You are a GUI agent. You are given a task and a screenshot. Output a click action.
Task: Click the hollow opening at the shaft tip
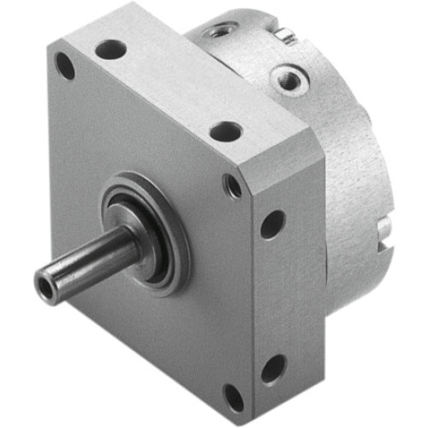44,280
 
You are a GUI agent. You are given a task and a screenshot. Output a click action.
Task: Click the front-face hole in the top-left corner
65,65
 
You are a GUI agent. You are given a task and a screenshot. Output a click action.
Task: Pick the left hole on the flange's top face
110,51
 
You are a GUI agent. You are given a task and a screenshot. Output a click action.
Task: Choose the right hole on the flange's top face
226,131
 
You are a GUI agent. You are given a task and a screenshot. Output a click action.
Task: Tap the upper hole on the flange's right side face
272,225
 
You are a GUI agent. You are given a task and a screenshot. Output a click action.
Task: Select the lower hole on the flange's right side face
273,369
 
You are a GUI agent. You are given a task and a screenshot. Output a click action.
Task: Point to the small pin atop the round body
286,36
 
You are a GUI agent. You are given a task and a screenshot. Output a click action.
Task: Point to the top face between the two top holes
167,90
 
